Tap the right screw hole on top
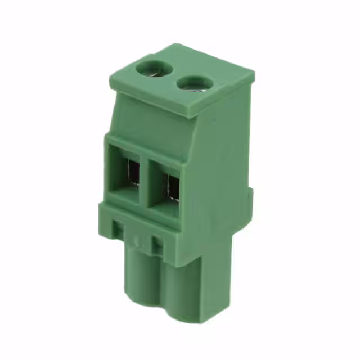(190, 84)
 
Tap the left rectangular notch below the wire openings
(119, 229)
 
